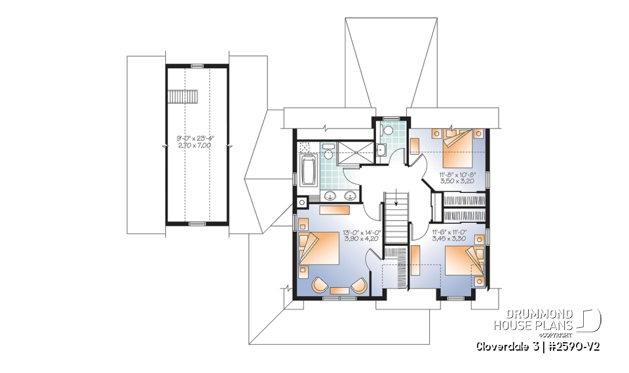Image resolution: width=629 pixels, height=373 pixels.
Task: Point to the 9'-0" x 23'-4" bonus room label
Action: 195,142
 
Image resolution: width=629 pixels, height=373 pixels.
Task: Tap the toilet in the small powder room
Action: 388,130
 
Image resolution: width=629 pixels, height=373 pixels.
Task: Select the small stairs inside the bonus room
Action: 176,96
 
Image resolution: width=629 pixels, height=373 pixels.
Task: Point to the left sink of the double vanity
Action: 332,195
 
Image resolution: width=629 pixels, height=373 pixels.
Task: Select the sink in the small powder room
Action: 381,149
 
